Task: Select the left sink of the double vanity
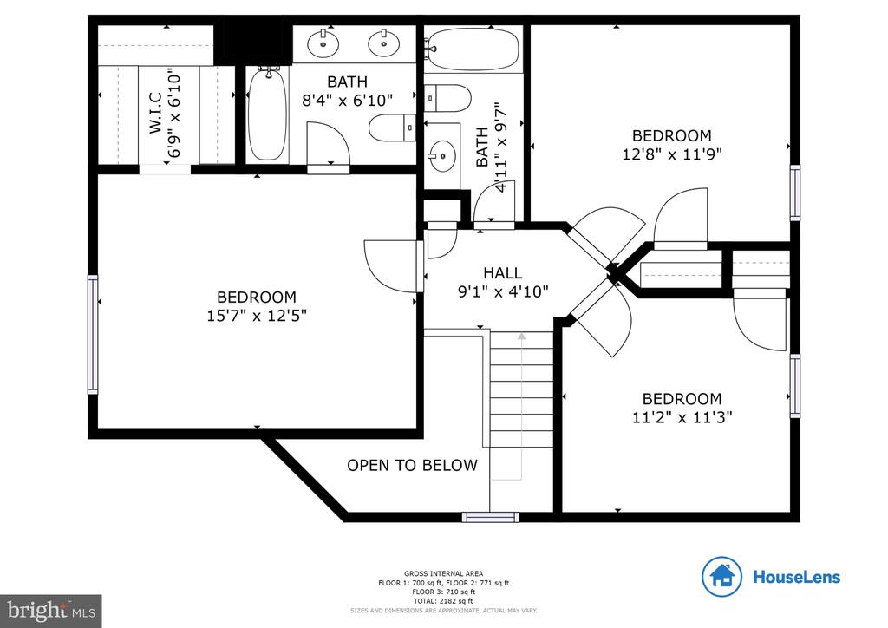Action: (323, 40)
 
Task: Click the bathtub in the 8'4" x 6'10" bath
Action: (267, 114)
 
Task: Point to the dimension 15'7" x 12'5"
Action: (256, 315)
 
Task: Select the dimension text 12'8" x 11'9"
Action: (672, 154)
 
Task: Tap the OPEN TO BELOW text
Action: (412, 466)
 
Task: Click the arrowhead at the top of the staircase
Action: (520, 336)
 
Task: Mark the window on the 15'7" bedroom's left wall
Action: (92, 335)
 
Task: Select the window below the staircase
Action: (490, 517)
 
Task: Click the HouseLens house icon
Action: (722, 576)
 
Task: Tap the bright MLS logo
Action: (50, 611)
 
